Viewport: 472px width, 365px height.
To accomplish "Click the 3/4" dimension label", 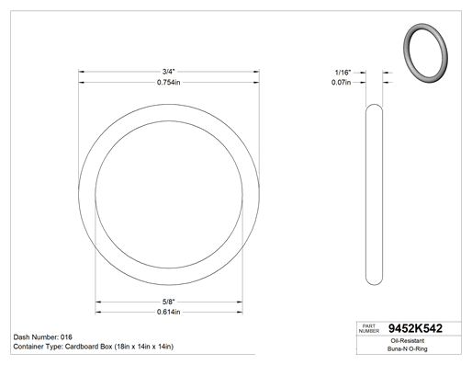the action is pos(168,72).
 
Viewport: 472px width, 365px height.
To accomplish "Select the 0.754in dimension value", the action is pos(168,82).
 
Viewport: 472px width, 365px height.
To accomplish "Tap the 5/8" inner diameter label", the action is pos(168,302).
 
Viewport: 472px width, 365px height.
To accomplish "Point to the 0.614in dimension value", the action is pos(168,312).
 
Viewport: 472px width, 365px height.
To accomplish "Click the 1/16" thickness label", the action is pos(343,73).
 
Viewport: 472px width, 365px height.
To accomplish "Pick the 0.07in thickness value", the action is pos(341,82).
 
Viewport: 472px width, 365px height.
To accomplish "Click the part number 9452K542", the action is pos(415,328).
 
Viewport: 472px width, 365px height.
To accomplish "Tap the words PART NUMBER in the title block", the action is pos(369,328).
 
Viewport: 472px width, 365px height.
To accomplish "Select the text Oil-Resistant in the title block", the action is pos(408,341).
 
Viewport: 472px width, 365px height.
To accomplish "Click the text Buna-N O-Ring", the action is pos(408,348).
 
